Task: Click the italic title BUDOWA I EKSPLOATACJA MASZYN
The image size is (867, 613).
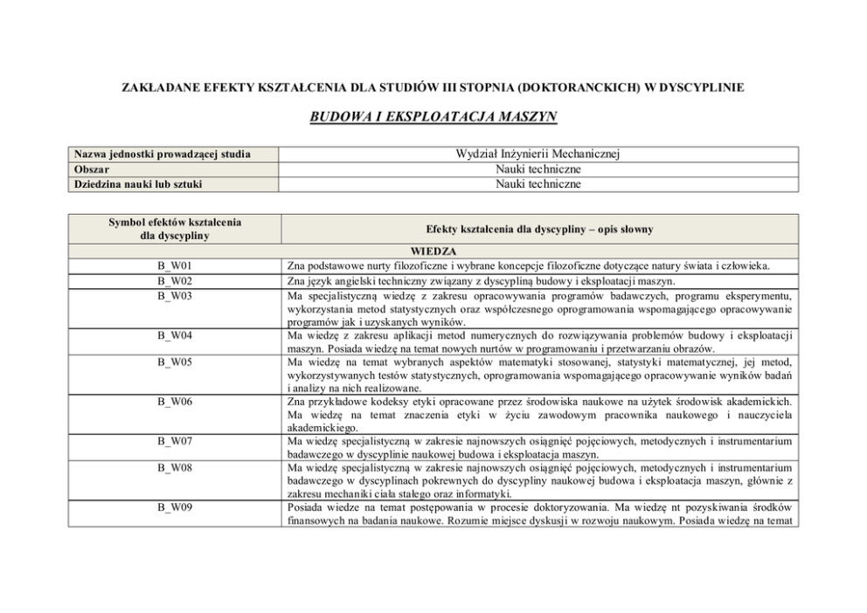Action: click(433, 115)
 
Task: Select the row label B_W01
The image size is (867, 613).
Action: click(175, 265)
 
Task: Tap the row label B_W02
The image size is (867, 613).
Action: click(175, 281)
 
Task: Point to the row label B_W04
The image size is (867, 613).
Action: click(175, 334)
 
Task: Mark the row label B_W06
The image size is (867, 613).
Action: click(175, 401)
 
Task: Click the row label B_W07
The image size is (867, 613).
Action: click(175, 442)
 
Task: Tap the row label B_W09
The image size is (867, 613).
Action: click(175, 508)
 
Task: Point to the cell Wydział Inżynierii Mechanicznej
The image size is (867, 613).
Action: click(538, 154)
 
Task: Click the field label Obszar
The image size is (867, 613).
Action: click(93, 169)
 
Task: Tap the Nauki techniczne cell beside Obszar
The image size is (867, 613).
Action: click(538, 169)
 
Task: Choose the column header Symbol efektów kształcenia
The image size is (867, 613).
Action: click(175, 223)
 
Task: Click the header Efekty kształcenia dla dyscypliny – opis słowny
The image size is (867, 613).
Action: click(539, 229)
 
